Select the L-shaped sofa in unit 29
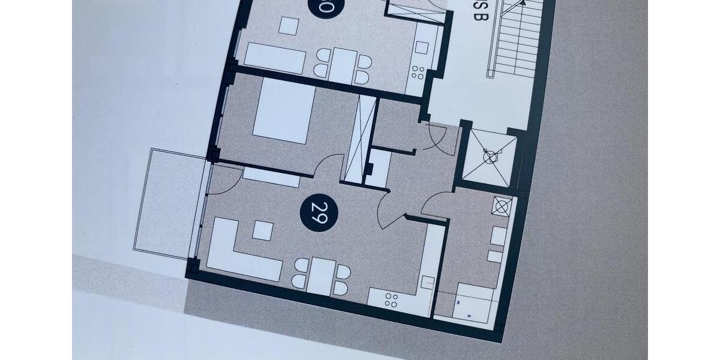pos(240,252)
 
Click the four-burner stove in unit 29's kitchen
pos(391,300)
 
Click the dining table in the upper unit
pos(343,65)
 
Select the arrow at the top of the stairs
pos(523,3)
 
